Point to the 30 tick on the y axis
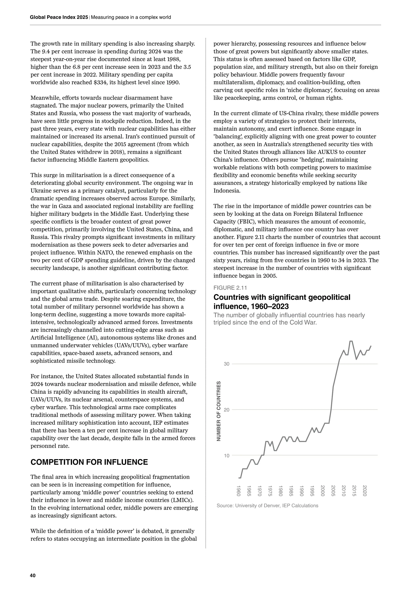pyautogui.click(x=226, y=364)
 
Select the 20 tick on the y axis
pyautogui.click(x=226, y=410)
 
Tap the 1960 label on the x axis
pyautogui.click(x=239, y=491)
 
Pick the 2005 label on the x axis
pyautogui.click(x=333, y=491)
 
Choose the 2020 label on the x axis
pyautogui.click(x=365, y=491)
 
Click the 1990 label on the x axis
pyautogui.click(x=302, y=491)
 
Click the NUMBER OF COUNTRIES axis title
pyautogui.click(x=219, y=411)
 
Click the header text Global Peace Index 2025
pyautogui.click(x=59, y=17)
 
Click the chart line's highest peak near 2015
pyautogui.click(x=351, y=341)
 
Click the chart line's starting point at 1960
pyautogui.click(x=239, y=478)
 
